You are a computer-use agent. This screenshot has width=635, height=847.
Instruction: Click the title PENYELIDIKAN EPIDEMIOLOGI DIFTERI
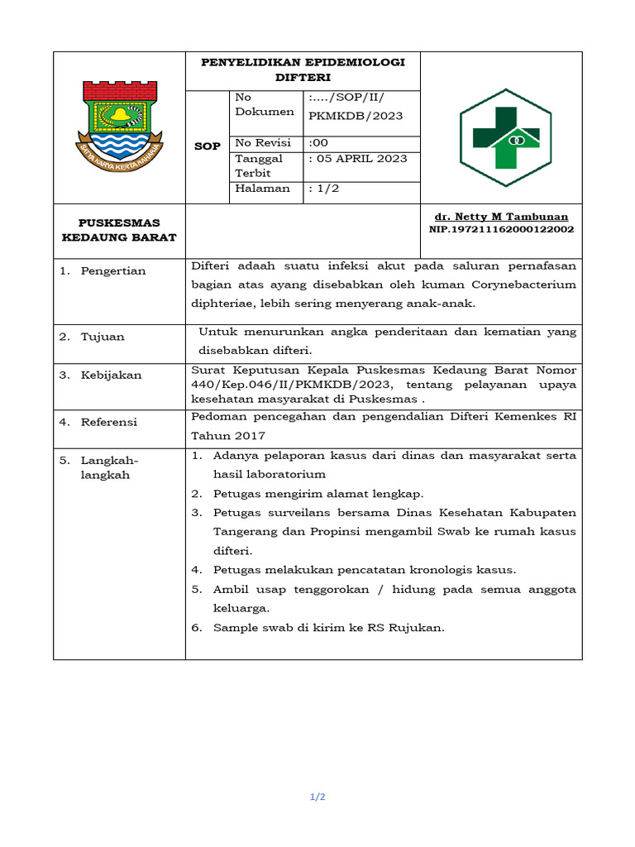303,69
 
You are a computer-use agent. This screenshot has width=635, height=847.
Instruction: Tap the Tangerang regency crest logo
120,122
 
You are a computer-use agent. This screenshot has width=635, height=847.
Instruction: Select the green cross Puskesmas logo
505,137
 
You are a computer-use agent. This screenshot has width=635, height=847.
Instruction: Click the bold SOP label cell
207,146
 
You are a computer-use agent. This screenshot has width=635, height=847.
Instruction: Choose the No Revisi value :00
318,142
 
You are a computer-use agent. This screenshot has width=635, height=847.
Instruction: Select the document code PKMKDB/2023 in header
355,116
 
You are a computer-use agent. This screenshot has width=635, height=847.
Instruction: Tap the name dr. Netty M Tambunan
501,216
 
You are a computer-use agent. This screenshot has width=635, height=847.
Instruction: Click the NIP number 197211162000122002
501,229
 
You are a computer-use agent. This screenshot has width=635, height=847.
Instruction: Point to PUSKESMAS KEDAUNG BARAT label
119,230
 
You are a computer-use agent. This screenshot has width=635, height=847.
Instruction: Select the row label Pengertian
112,271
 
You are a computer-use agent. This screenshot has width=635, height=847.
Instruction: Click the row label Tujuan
103,337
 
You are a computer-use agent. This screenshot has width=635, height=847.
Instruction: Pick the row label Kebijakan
111,376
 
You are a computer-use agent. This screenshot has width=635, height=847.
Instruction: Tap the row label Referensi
109,423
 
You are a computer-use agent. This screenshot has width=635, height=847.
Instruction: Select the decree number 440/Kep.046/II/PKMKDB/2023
289,385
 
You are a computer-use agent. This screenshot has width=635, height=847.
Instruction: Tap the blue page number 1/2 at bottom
317,797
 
